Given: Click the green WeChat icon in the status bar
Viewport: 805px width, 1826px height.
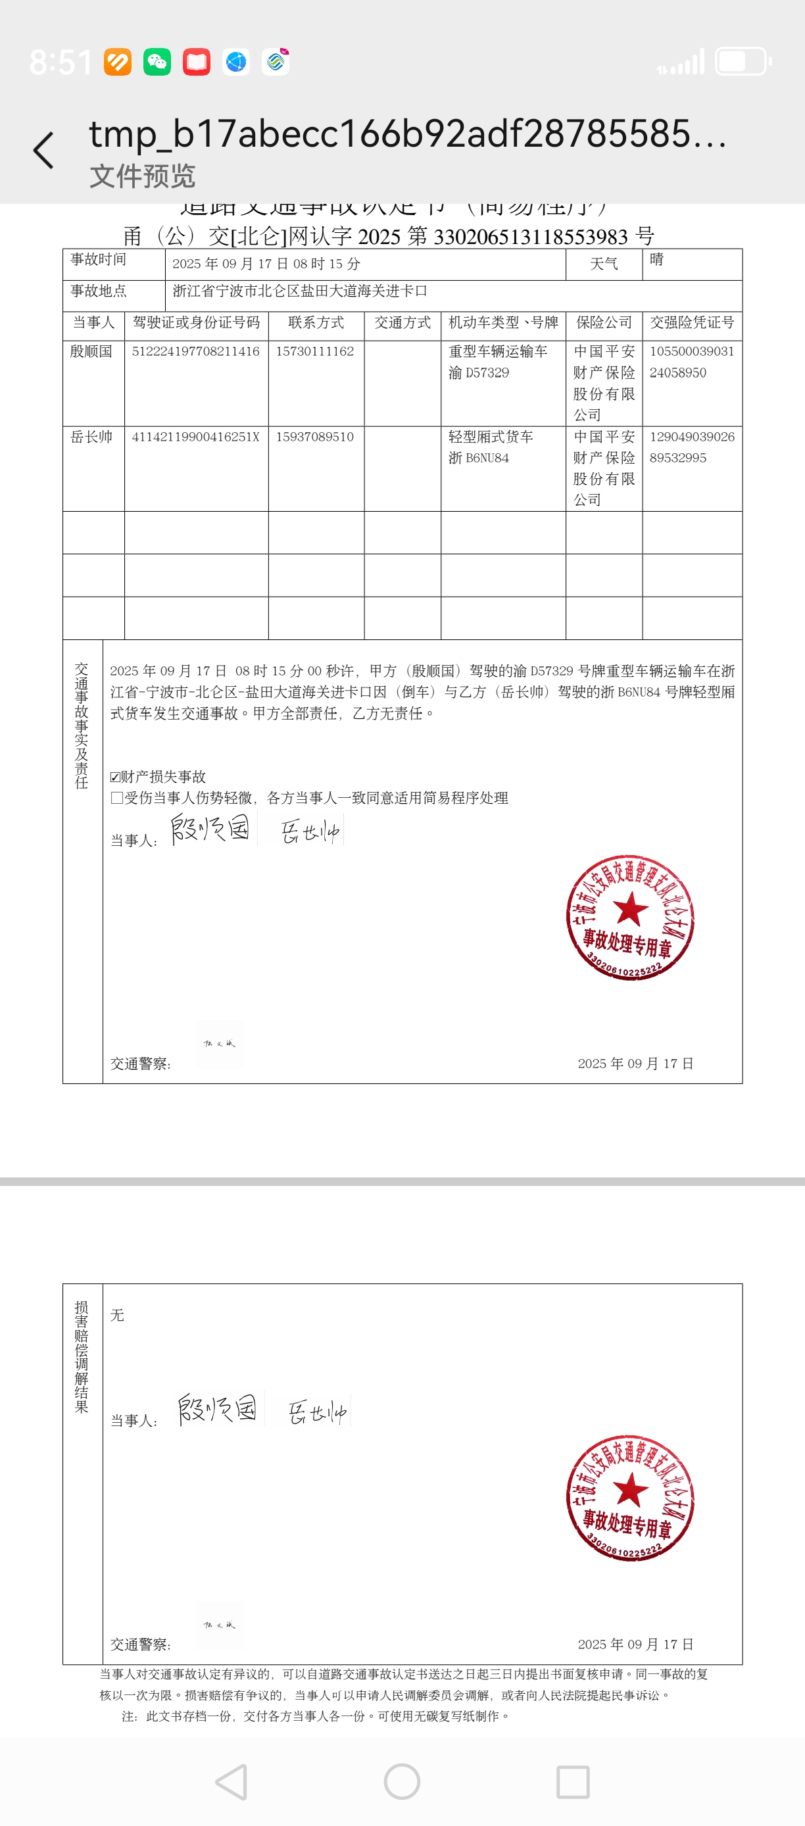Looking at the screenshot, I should click(x=157, y=62).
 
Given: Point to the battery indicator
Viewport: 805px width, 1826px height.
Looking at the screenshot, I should click(x=742, y=62).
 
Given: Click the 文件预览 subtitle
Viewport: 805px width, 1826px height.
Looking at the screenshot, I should click(x=141, y=176).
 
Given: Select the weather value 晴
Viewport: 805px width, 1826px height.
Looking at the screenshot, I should click(x=657, y=259).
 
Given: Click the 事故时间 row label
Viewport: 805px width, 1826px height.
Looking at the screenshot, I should click(x=99, y=259).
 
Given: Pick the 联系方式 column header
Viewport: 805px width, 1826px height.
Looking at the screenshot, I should click(x=316, y=322).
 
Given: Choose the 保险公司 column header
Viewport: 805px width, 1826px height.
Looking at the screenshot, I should click(x=604, y=322).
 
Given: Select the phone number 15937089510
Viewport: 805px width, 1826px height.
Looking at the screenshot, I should click(x=314, y=437).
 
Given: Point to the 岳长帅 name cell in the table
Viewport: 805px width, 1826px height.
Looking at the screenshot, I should click(x=91, y=437).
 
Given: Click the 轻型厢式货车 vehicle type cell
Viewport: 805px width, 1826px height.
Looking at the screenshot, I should click(x=491, y=437).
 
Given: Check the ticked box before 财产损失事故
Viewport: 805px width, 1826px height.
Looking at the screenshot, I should click(x=116, y=777).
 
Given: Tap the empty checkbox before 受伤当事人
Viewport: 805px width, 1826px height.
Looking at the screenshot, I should click(x=116, y=798).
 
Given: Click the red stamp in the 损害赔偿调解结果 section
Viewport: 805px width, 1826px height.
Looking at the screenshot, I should click(x=630, y=1498).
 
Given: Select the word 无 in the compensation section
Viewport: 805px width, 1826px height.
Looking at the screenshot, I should click(x=118, y=1315).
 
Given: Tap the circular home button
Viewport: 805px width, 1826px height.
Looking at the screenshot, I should click(x=402, y=1781).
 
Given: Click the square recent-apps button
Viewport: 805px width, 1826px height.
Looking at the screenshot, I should click(x=573, y=1781).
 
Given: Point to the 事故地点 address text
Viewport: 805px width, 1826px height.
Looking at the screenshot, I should click(x=300, y=291).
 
